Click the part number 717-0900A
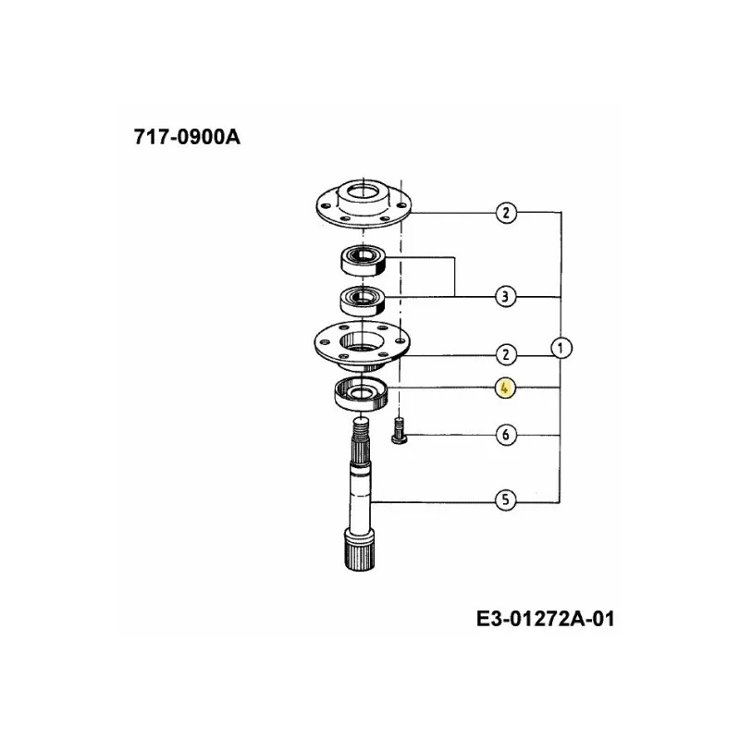[187, 137]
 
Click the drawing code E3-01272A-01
[545, 619]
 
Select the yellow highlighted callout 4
[505, 388]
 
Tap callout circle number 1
[561, 349]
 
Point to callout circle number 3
[505, 297]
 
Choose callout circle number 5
[506, 499]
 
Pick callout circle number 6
[506, 435]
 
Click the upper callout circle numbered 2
[506, 213]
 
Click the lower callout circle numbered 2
[506, 354]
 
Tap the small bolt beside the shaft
[400, 430]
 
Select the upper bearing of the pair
[363, 260]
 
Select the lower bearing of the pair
[363, 302]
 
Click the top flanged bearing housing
[364, 203]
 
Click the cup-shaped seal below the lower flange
[361, 395]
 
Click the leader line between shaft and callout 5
[433, 502]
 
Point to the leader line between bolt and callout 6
[451, 435]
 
